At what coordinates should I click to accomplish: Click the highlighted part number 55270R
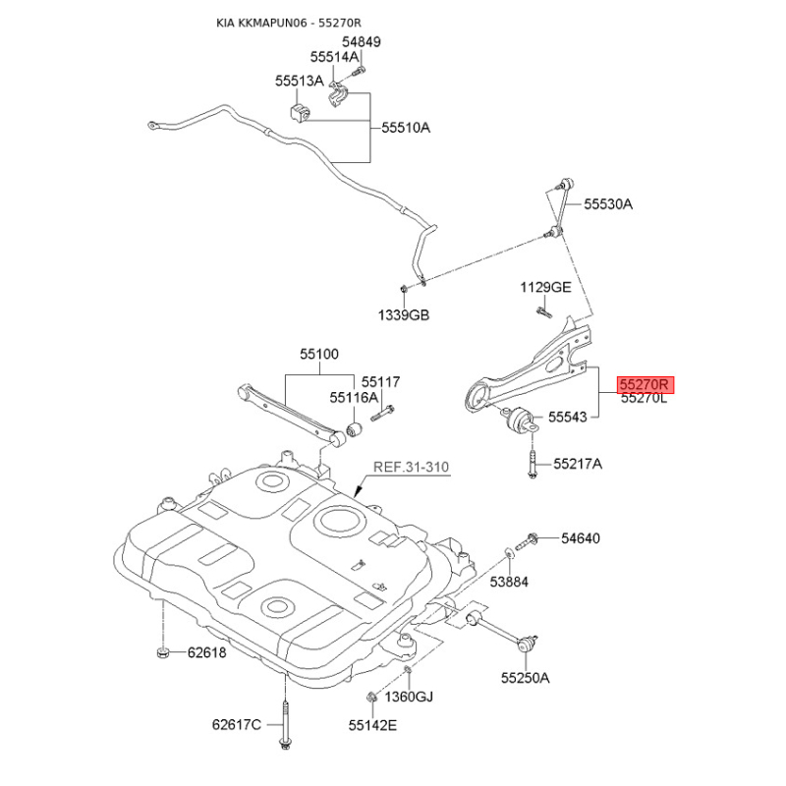[646, 385]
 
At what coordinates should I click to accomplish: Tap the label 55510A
[406, 128]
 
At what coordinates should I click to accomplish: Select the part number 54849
[362, 41]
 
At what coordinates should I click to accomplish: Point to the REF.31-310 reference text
[411, 468]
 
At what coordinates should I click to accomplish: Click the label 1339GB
[404, 315]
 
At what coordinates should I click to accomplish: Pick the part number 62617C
[237, 725]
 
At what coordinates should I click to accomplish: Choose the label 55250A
[526, 678]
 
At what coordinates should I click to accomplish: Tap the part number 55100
[319, 355]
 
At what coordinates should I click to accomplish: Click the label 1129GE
[545, 287]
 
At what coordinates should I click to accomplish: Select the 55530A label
[608, 204]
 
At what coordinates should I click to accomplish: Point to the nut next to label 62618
[161, 652]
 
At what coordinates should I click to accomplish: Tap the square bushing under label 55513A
[300, 112]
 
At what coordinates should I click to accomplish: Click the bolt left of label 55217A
[533, 464]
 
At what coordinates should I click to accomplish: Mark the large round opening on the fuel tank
[339, 521]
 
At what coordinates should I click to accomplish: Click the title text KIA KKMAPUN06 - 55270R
[288, 23]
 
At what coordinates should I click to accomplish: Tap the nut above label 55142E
[372, 697]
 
